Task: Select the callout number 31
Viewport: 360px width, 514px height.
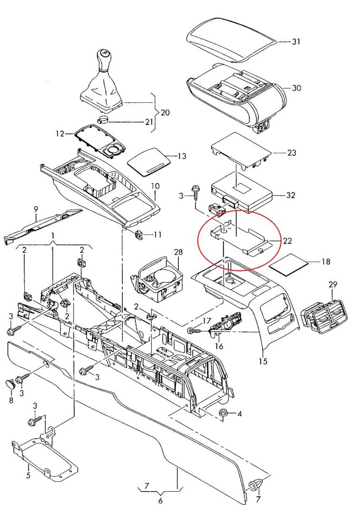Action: click(296, 42)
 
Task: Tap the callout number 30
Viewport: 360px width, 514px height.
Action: click(296, 88)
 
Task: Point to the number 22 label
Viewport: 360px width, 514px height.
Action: click(287, 241)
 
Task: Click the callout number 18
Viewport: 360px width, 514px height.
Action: click(325, 262)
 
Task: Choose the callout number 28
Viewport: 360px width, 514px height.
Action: click(178, 251)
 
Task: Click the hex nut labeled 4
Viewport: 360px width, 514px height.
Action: click(223, 413)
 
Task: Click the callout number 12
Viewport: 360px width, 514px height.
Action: click(59, 134)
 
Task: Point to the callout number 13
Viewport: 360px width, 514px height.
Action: click(182, 156)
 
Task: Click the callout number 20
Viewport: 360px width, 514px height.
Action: click(165, 113)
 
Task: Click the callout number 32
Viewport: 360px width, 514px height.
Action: click(291, 195)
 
